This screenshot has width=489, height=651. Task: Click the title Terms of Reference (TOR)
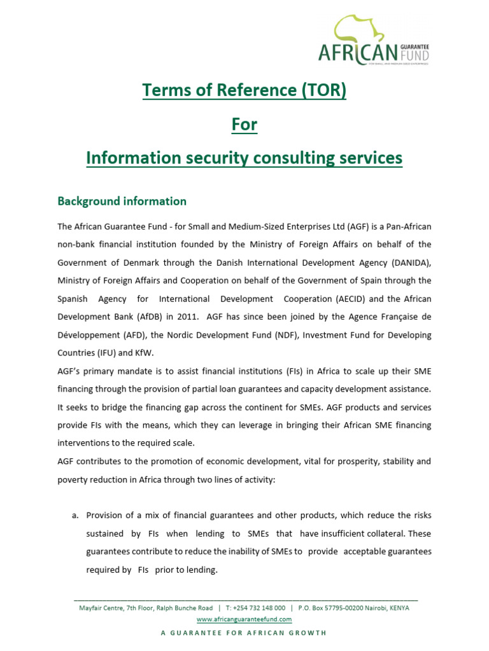click(244, 91)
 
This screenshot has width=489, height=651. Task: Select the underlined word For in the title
click(244, 124)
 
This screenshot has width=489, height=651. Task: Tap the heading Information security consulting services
click(244, 157)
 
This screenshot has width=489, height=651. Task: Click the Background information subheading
click(122, 201)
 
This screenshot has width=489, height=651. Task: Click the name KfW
click(143, 352)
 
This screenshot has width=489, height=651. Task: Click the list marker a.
click(74, 516)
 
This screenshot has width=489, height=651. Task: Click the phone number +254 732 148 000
click(259, 608)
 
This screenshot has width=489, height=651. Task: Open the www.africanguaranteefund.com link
click(244, 619)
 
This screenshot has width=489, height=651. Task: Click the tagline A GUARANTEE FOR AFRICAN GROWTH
click(244, 633)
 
